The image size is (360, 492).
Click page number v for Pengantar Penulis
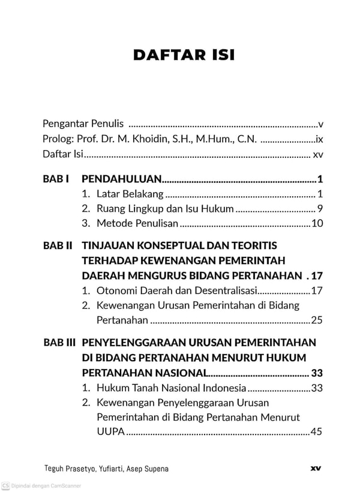[321, 125]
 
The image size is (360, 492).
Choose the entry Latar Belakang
[130, 194]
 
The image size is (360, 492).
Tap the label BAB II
[58, 246]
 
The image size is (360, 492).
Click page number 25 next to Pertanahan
[317, 320]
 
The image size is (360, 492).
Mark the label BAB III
[59, 342]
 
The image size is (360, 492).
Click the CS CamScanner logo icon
[5, 485]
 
